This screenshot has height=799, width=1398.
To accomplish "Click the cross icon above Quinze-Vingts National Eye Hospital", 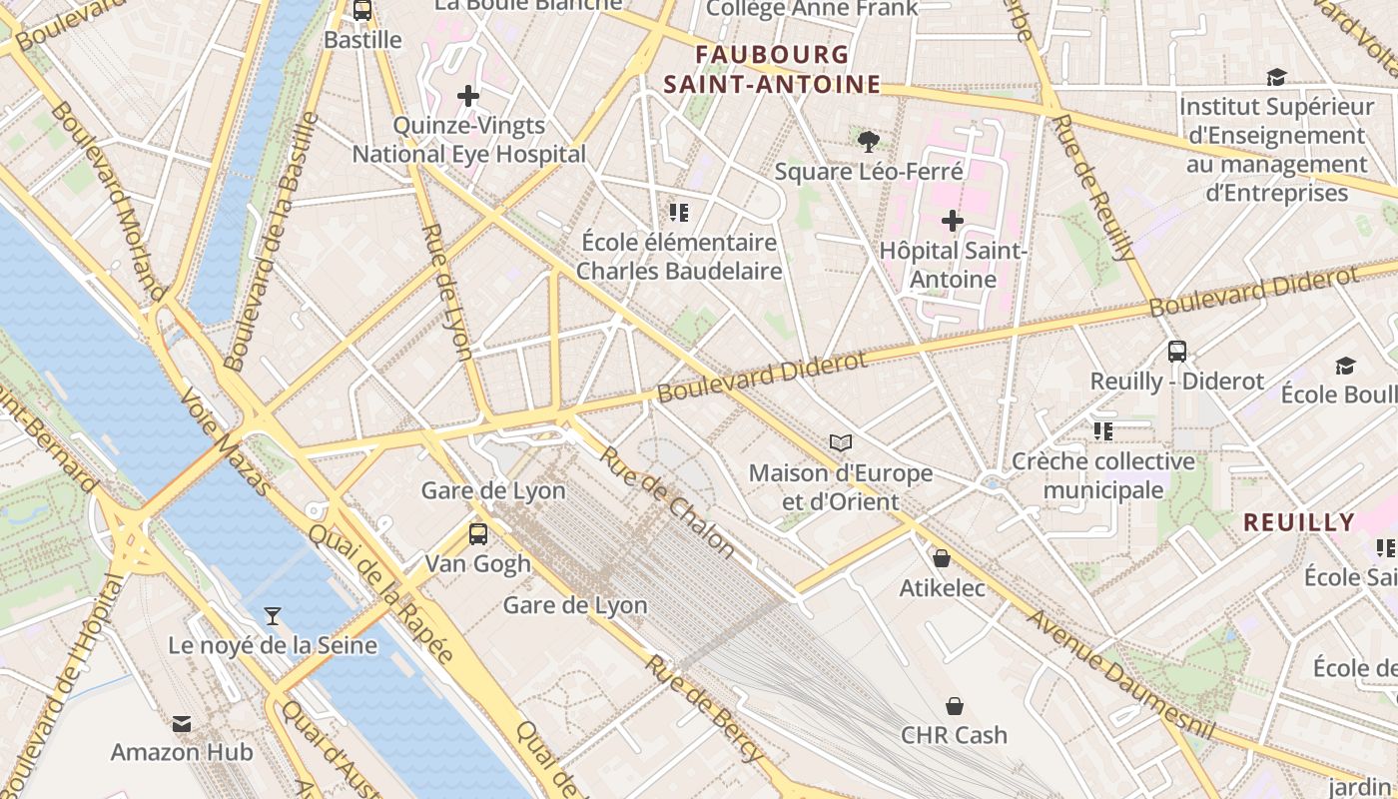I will tap(468, 96).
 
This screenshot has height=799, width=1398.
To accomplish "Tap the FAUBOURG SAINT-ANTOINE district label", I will tap(772, 70).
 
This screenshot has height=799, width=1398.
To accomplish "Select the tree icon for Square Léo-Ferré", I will tap(869, 142).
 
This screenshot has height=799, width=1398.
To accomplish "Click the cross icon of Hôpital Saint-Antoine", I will tap(953, 220).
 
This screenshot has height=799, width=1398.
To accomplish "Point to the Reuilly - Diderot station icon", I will tap(1177, 351).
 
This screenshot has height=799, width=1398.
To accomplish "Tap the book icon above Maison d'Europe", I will tap(841, 441).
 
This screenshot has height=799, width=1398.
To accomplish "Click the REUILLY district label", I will tap(1298, 522).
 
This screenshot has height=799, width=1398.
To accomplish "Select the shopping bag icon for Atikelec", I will tap(941, 558).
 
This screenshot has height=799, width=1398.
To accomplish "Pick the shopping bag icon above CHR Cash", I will tap(954, 706).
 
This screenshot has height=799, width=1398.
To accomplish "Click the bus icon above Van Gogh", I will tap(478, 533).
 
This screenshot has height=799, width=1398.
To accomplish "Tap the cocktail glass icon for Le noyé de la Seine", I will tap(272, 615).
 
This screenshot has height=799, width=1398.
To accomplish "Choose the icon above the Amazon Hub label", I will tap(182, 723).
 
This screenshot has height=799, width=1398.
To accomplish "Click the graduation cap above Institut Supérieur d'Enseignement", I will tap(1275, 77).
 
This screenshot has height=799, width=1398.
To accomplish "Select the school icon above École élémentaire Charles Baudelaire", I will tap(679, 212).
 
